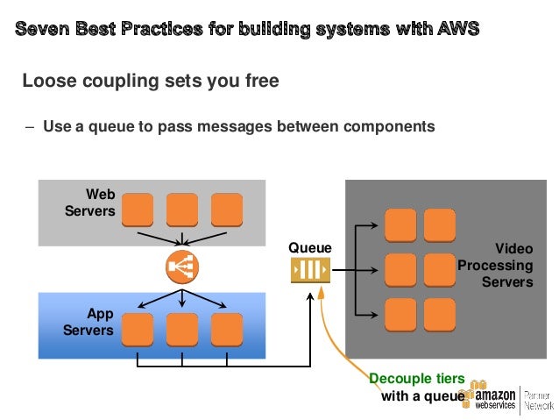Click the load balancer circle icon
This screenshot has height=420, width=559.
(182, 267)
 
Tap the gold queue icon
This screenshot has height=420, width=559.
(310, 270)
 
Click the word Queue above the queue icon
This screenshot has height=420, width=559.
(310, 247)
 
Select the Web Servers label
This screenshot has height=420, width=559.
(90, 203)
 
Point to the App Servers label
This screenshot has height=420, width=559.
(88, 322)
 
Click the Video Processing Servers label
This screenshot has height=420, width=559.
(496, 265)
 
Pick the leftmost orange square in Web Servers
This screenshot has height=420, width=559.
(138, 210)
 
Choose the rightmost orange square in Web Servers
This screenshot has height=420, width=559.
(227, 210)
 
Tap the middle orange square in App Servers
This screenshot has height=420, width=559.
(182, 330)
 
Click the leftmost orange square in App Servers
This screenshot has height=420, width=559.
(138, 330)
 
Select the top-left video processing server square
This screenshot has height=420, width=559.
(400, 225)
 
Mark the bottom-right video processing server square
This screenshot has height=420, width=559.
(440, 315)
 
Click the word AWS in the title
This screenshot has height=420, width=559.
(458, 29)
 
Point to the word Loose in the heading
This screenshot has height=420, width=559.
(50, 81)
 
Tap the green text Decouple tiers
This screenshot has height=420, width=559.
(417, 379)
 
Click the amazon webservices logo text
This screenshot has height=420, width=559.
(495, 399)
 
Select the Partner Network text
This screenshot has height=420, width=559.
(539, 401)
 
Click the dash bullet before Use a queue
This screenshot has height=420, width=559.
(31, 127)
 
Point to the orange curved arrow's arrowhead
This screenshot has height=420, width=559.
(321, 293)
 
